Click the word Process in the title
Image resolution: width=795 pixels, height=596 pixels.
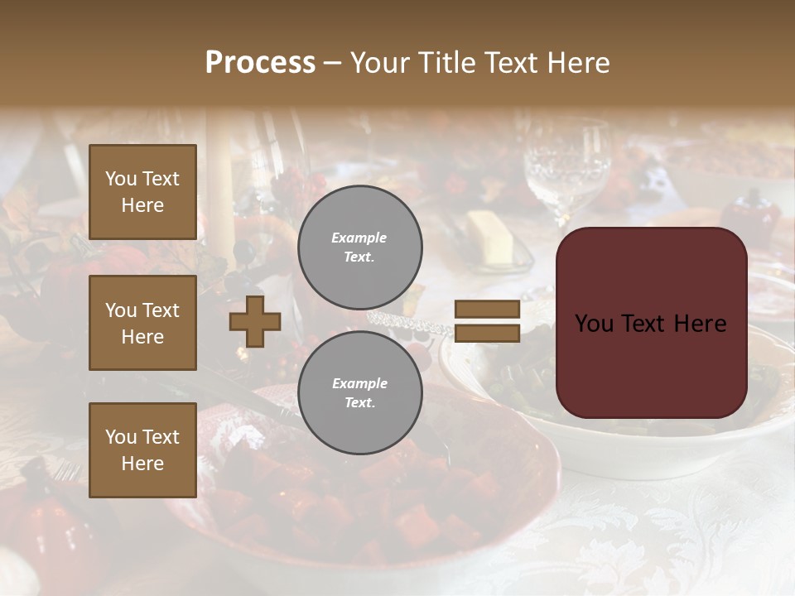(260, 62)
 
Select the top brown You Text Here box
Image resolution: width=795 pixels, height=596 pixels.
(142, 192)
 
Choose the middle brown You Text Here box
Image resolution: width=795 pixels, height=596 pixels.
(142, 323)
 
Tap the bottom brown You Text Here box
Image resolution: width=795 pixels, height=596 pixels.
(142, 450)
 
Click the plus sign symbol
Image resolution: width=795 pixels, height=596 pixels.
(255, 321)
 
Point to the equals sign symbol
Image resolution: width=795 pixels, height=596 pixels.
(487, 321)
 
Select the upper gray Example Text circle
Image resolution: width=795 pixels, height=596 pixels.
(359, 247)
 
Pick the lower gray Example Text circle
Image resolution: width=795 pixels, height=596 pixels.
(359, 392)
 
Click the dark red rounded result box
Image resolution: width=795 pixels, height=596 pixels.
(651, 323)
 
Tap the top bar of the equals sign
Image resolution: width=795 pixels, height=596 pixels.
(487, 310)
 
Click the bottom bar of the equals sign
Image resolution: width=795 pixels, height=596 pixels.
(487, 334)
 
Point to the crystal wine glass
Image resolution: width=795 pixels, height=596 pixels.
(566, 166)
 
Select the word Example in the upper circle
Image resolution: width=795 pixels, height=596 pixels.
(359, 238)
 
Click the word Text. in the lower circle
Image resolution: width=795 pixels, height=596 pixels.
(359, 402)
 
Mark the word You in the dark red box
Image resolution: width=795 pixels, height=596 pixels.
(593, 323)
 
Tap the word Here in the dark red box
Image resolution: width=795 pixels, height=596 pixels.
(700, 323)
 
